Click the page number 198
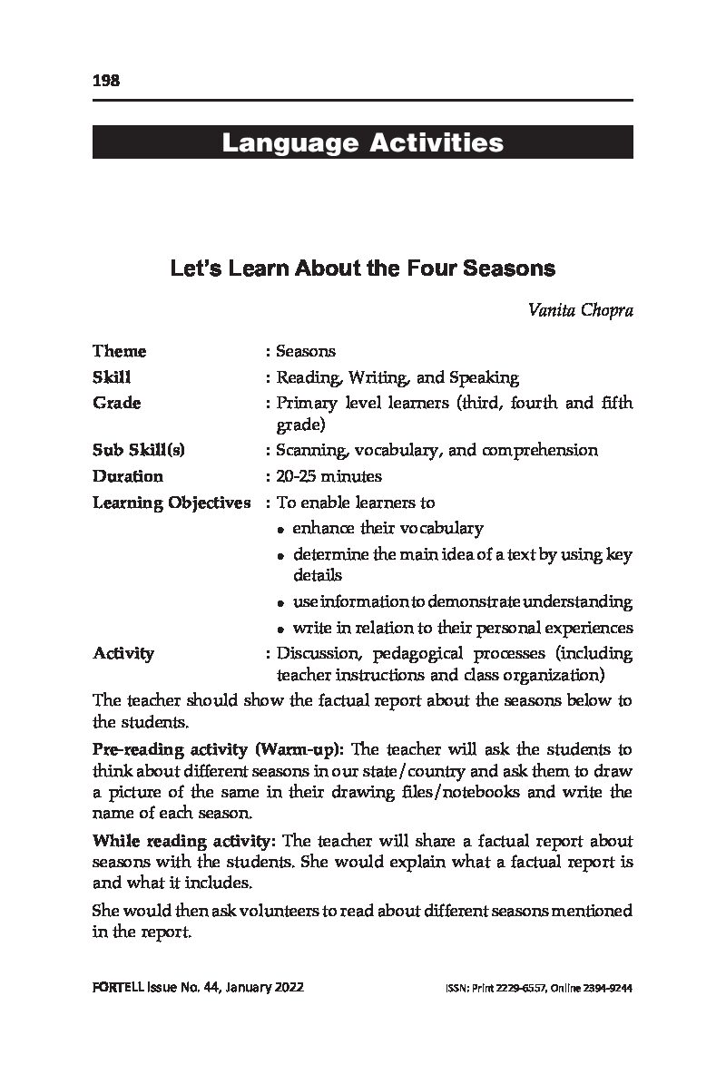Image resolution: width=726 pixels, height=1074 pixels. [106, 81]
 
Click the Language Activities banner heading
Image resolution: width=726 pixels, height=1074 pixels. [362, 143]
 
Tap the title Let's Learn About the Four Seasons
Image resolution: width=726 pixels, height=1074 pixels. [362, 269]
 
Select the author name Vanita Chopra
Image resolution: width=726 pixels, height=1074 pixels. [581, 310]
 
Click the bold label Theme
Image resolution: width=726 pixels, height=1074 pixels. [119, 351]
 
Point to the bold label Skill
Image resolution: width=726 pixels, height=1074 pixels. [112, 377]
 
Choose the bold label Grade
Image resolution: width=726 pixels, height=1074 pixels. [116, 403]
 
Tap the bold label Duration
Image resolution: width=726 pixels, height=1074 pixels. [128, 476]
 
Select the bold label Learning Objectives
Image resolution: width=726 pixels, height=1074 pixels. [172, 503]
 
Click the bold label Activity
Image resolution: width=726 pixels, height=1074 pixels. [123, 653]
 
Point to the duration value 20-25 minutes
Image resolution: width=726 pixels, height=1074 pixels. [329, 476]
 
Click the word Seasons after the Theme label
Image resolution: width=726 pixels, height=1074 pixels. [306, 351]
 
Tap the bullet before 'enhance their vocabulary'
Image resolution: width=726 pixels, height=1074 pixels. [283, 529]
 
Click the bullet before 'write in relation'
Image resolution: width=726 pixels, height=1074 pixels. [283, 629]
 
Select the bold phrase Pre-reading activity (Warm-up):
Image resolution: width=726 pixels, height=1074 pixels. [218, 749]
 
